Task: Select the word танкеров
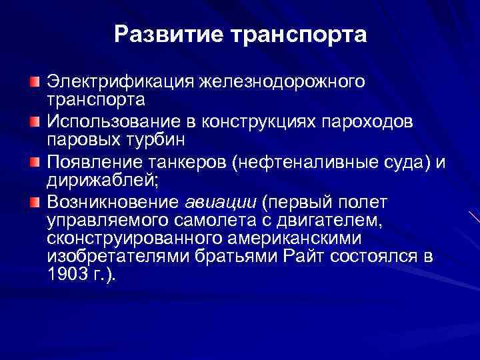point(183,162)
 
